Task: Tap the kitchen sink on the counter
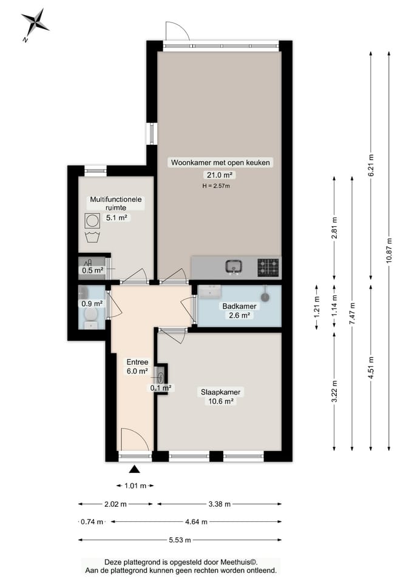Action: click(234, 267)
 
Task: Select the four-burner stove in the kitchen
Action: click(268, 267)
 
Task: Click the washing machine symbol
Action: click(92, 221)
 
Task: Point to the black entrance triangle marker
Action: click(135, 469)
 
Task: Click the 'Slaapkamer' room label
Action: click(221, 392)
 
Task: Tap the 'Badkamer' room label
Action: click(239, 306)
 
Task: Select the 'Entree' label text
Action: click(138, 362)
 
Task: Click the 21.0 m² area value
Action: click(220, 175)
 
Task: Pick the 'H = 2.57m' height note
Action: click(216, 186)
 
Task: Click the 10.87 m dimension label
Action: click(389, 250)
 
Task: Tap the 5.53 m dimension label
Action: click(180, 540)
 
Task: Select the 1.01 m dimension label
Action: click(135, 486)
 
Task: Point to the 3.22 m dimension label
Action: click(334, 391)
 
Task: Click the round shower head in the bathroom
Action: click(265, 296)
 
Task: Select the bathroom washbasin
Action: click(210, 292)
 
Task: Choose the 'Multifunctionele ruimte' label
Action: click(116, 204)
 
